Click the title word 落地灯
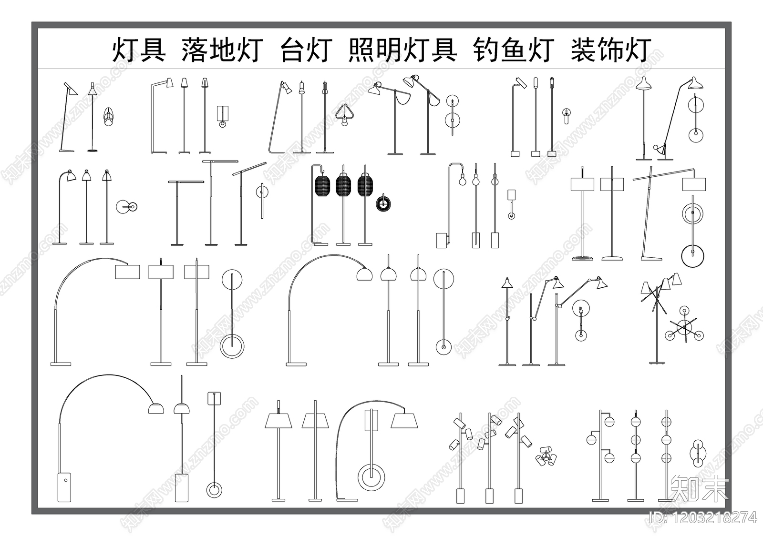(222, 50)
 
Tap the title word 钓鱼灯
(514, 50)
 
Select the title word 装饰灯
(611, 50)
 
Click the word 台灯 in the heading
(305, 50)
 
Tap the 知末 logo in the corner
(699, 488)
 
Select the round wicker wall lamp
(383, 204)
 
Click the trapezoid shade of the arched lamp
(404, 421)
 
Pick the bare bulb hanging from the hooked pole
(462, 181)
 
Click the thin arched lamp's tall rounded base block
(64, 487)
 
